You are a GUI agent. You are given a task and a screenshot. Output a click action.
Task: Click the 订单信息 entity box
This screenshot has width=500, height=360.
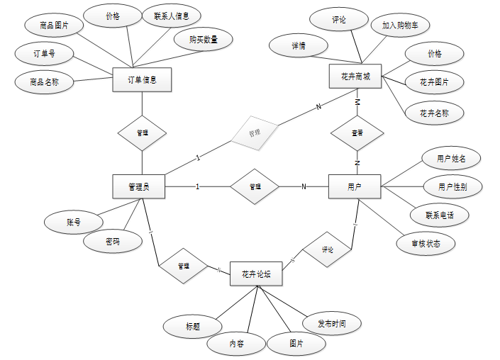click(x=142, y=80)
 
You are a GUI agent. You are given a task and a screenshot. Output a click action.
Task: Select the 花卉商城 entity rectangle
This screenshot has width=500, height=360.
click(x=356, y=77)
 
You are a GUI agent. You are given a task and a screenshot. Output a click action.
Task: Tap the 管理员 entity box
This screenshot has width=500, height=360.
click(x=139, y=186)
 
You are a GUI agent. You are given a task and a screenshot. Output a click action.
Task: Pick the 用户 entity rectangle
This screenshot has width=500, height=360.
click(x=355, y=186)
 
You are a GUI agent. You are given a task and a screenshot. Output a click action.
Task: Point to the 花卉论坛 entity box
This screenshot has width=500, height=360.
click(x=256, y=274)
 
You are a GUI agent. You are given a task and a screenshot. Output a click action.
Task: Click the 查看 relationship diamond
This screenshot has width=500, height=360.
click(x=357, y=133)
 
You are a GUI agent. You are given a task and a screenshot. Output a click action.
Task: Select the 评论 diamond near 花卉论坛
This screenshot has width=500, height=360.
click(x=327, y=249)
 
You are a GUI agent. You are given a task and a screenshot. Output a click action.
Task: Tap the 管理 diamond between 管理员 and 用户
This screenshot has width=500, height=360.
click(x=255, y=186)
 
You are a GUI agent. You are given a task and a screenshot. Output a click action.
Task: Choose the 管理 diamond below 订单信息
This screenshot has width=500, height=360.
click(x=142, y=133)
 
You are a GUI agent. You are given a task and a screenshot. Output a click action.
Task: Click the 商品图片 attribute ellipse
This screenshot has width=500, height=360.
click(x=54, y=26)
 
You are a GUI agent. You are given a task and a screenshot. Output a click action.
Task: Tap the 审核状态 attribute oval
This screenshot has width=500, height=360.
click(x=426, y=243)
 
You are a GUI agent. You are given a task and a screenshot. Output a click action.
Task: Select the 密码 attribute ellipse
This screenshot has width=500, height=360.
click(x=112, y=242)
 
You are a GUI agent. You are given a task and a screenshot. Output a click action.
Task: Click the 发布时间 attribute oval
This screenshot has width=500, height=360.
click(x=332, y=324)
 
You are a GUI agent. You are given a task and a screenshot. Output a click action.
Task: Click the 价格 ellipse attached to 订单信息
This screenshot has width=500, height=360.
click(x=113, y=15)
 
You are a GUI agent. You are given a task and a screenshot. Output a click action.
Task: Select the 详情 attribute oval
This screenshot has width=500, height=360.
click(x=299, y=45)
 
